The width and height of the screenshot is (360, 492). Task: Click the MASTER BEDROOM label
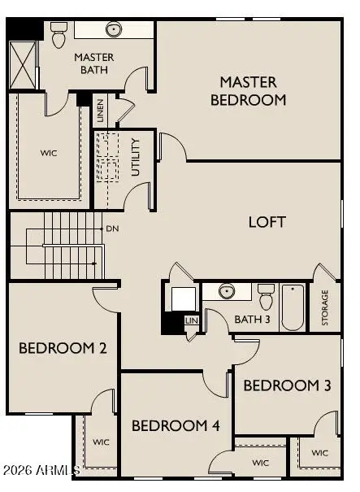248,91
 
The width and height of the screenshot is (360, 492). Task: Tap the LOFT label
267,222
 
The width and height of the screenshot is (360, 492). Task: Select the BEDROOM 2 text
63,349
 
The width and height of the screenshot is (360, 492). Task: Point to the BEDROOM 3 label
287,385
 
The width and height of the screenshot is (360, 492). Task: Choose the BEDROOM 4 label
176,425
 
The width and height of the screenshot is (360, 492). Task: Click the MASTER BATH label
93,64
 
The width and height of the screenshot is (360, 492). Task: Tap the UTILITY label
136,157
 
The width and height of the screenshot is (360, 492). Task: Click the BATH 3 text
252,319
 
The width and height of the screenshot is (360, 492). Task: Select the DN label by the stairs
112,229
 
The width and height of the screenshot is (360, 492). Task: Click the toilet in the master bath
59,36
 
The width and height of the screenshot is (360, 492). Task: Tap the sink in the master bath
114,30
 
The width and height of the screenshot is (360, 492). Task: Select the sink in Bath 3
227,292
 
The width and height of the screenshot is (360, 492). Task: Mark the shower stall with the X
23,64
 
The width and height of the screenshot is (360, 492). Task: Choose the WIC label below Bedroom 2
101,442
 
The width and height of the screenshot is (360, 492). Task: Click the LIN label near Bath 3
192,320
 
